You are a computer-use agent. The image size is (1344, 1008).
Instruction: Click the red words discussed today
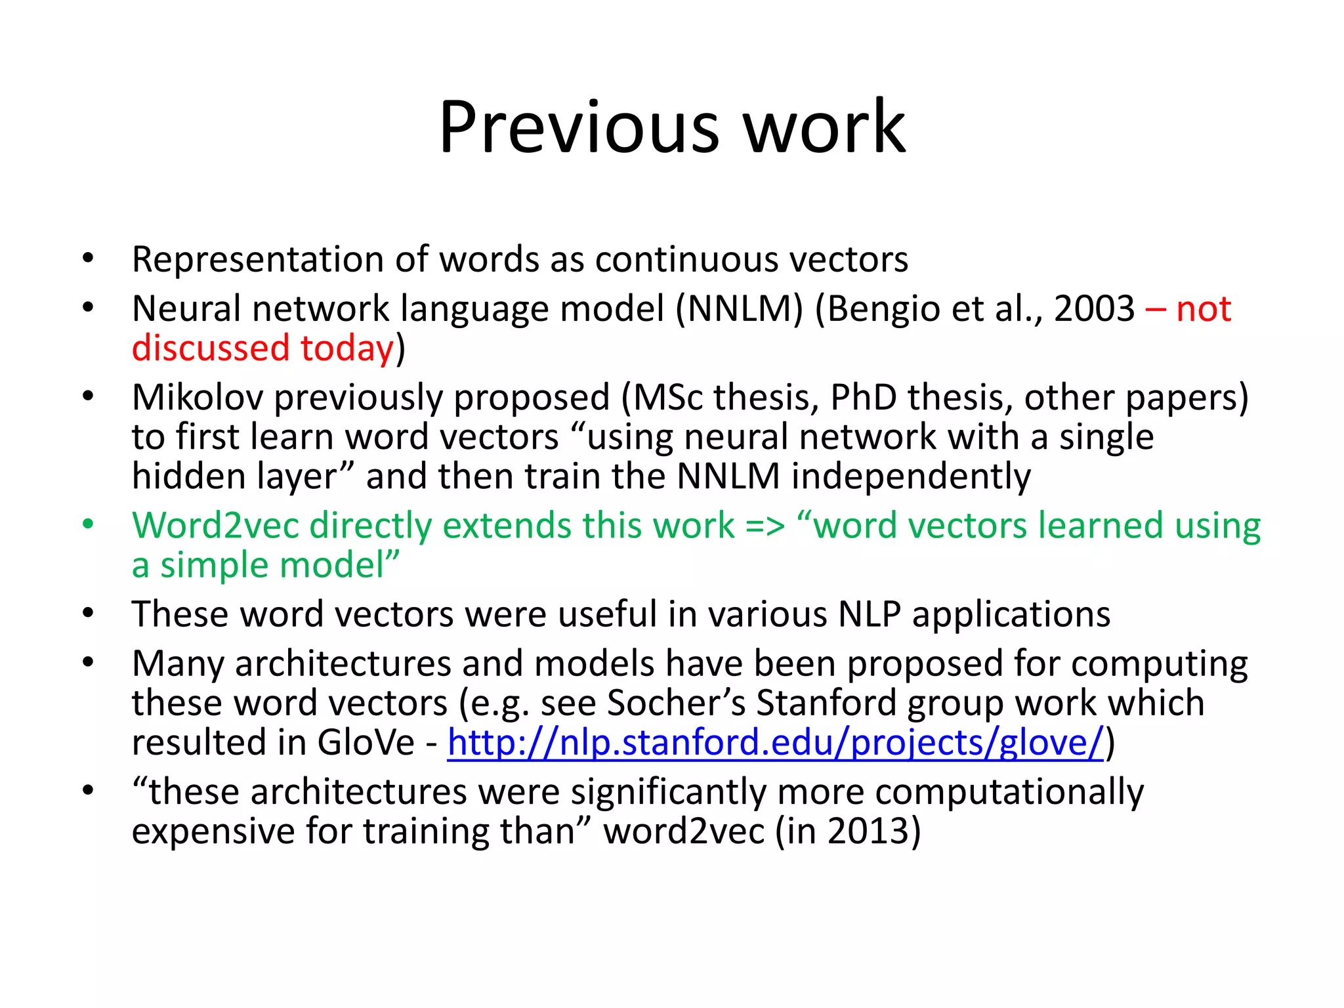[x=262, y=348]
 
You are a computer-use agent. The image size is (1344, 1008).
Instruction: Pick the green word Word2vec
[x=215, y=526]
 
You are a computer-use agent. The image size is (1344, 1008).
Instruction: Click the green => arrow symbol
[x=765, y=527]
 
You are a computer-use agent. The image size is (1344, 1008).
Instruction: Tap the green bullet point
[x=88, y=525]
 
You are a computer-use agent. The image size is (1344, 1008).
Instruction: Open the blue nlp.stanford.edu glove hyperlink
[x=775, y=743]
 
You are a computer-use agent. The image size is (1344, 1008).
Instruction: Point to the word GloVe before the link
[x=366, y=743]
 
